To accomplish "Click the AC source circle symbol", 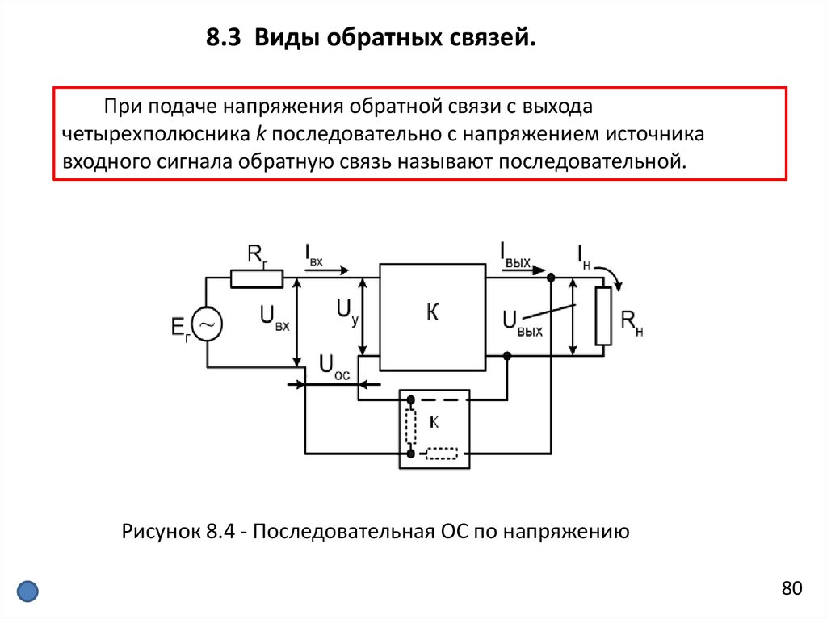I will coord(207,324).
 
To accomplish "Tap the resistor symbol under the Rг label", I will coord(257,278).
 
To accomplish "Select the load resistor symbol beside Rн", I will coord(602,316).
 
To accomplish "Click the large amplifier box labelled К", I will coord(432,316).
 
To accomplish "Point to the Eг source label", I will coord(180,329).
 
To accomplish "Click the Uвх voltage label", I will coord(274,316).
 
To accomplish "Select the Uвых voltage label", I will coord(522,321).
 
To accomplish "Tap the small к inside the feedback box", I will coord(434,421).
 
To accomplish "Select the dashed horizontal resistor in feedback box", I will coord(441,454).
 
